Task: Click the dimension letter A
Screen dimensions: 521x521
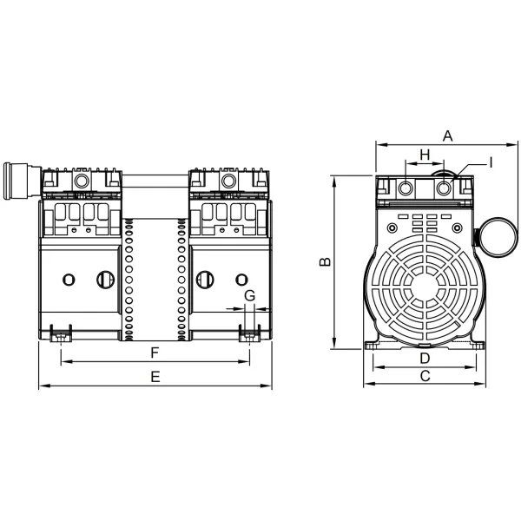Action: [x=448, y=135]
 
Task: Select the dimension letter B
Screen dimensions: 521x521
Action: [x=323, y=262]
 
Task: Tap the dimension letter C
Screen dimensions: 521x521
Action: [x=425, y=376]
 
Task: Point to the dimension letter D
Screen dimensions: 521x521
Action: [x=425, y=358]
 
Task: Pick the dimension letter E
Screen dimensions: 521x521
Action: [x=155, y=376]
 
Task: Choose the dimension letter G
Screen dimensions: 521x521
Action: [x=249, y=296]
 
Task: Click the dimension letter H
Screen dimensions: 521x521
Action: [x=425, y=154]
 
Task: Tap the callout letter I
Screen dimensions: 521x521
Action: [x=490, y=162]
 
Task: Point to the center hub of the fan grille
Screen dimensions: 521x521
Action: [x=425, y=284]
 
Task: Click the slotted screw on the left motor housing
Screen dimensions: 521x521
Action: [x=105, y=279]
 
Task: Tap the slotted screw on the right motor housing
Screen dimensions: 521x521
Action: [x=206, y=279]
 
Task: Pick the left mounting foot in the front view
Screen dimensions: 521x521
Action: [x=60, y=333]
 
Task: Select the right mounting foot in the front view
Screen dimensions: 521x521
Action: [x=250, y=333]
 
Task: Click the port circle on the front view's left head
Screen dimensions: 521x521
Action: [x=82, y=181]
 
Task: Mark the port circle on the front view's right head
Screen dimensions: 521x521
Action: [x=228, y=181]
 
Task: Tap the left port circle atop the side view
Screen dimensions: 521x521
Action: [x=406, y=188]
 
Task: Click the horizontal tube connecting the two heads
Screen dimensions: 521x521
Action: [x=155, y=183]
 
